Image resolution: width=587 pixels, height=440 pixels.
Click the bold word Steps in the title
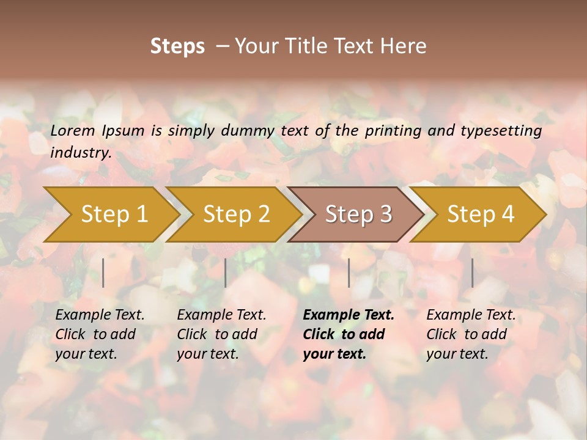[177, 46]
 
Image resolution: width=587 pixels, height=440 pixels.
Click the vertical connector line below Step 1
[103, 273]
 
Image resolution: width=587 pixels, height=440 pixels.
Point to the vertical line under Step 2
[226, 273]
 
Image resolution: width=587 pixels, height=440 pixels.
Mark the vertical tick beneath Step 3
[349, 273]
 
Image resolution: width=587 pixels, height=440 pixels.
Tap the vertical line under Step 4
[472, 273]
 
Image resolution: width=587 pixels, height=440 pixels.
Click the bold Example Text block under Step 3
[348, 334]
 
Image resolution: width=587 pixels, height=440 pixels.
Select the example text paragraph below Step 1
[100, 334]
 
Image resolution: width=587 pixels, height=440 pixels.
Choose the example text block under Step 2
[221, 334]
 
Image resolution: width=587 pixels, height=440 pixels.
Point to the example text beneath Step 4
[471, 334]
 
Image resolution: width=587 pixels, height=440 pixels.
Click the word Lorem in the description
[73, 131]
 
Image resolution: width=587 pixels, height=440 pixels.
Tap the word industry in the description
[80, 153]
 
